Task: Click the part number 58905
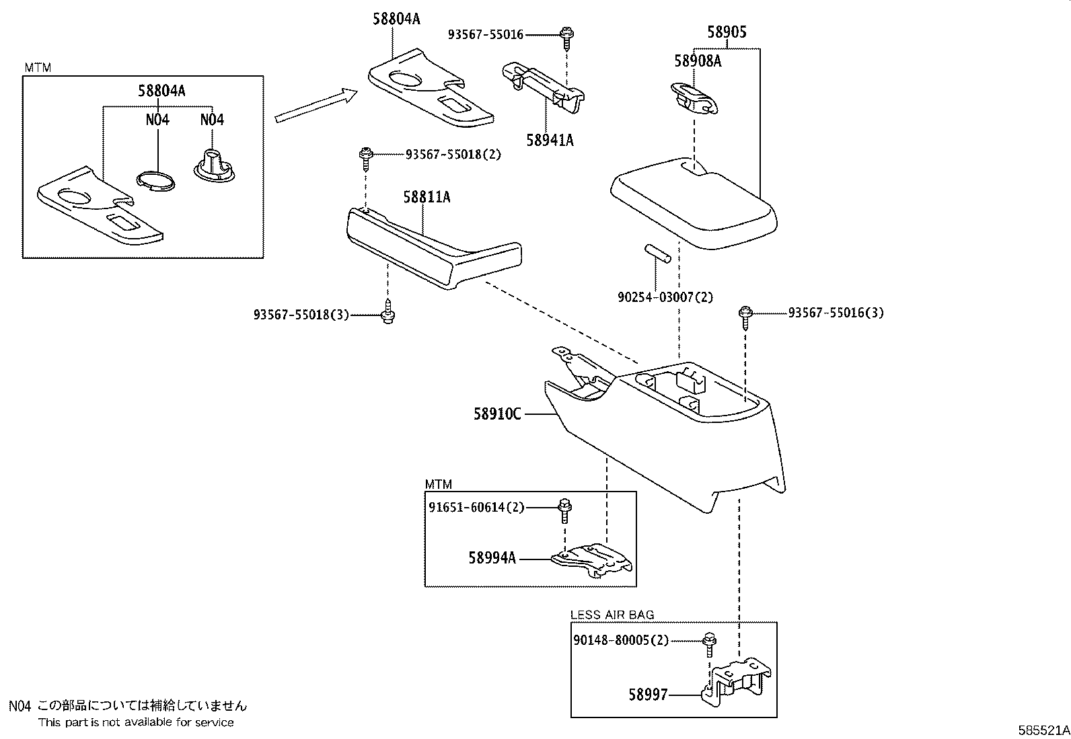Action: (727, 32)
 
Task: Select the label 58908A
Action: (698, 61)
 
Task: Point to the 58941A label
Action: (550, 140)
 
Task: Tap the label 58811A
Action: (427, 197)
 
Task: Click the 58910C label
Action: (497, 414)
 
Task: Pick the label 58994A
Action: (492, 557)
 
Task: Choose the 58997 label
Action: (648, 695)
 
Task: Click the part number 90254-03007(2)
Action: (665, 297)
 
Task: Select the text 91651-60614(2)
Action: (476, 508)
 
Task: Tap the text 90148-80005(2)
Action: (621, 640)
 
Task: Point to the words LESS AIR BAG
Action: (612, 615)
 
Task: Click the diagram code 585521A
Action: (1042, 730)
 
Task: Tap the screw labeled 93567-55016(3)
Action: (745, 315)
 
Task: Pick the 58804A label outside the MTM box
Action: (396, 20)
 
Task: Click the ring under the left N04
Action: (154, 181)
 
